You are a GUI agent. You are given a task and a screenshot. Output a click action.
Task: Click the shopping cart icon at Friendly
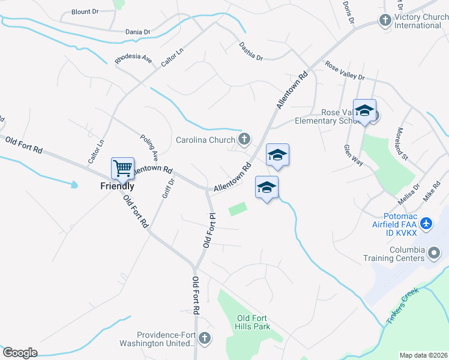(122, 168)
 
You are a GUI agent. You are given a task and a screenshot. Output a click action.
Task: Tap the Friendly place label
(117, 186)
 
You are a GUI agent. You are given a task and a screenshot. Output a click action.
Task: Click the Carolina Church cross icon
(244, 140)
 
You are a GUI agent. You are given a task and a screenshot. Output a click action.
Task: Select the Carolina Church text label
(205, 140)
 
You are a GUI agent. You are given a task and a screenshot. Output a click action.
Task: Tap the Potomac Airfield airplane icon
(426, 224)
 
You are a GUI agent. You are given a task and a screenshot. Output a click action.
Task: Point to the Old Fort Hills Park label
(253, 322)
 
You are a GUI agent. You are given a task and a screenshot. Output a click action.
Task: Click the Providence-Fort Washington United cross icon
(205, 338)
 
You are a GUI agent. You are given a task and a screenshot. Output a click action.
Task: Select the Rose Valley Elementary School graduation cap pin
(364, 111)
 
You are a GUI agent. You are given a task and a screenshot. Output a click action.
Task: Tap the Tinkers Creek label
(401, 307)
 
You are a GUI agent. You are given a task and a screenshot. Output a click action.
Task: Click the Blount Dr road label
(85, 12)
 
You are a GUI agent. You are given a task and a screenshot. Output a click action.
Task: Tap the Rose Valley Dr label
(345, 71)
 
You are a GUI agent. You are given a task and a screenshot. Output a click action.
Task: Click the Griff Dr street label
(167, 188)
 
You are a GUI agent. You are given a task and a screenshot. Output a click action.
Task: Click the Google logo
(20, 352)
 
